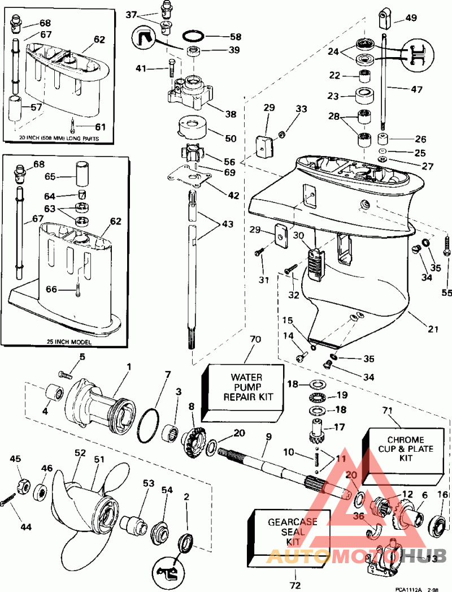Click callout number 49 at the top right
[410, 18]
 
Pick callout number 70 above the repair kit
[255, 339]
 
